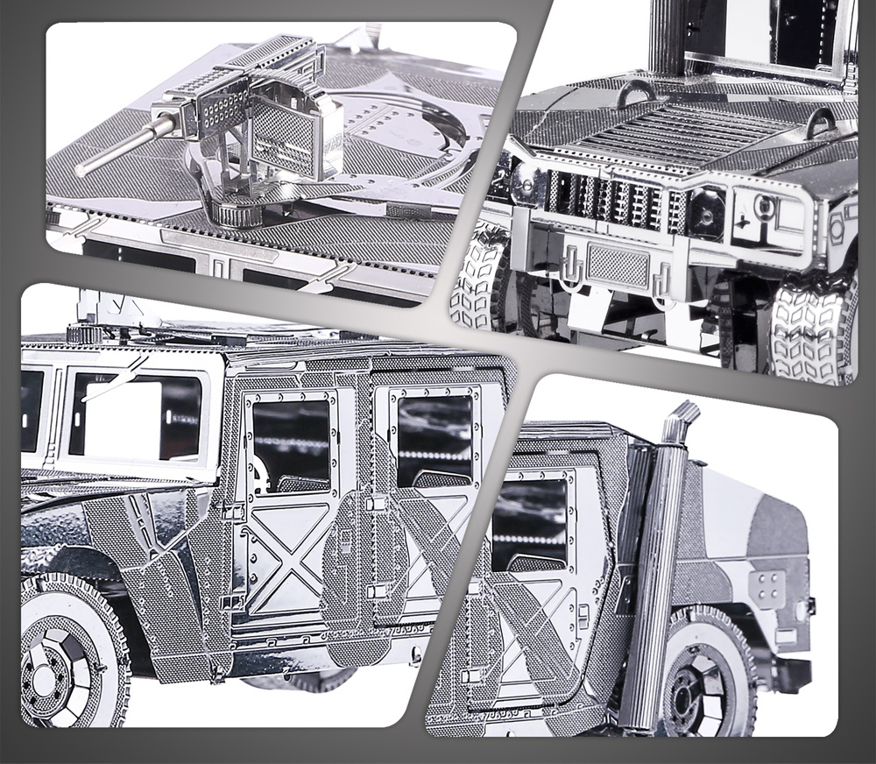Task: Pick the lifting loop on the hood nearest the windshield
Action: pyautogui.click(x=635, y=90)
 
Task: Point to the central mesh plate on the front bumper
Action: pyautogui.click(x=618, y=263)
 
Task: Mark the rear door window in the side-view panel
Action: pyautogui.click(x=434, y=438)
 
